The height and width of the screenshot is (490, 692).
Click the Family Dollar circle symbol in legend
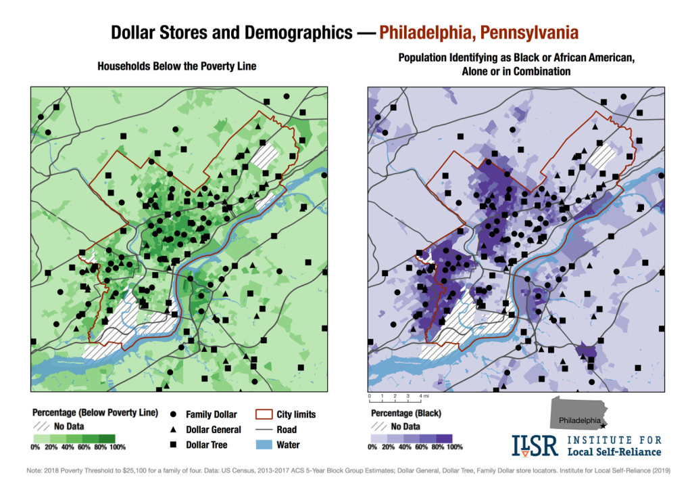173,414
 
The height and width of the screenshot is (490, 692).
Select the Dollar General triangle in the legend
173,430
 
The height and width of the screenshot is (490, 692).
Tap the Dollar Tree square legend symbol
173,445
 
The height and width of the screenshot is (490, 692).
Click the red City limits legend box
262,414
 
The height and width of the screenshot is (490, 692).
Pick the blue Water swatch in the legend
262,445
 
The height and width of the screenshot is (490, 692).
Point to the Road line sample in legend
262,430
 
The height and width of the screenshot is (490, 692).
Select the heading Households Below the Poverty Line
177,67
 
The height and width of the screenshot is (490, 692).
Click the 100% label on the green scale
117,447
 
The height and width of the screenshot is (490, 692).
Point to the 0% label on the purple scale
372,447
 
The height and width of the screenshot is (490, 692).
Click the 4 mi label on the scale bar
424,395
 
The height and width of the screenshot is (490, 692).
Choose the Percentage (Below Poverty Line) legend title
95,412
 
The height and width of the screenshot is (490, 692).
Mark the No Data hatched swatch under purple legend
380,426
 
